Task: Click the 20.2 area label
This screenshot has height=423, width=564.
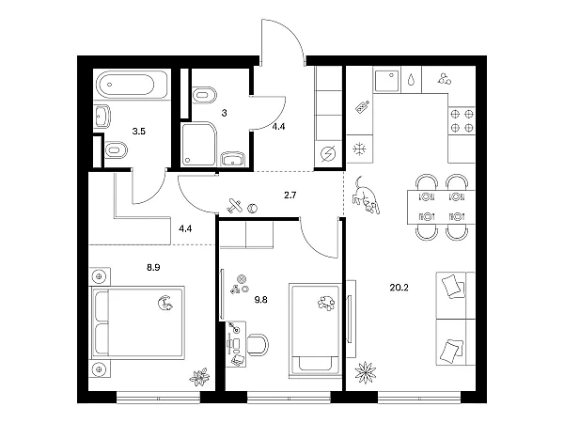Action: click(x=399, y=288)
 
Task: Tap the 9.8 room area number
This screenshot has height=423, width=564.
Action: click(x=260, y=300)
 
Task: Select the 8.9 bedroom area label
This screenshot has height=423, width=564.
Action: click(x=153, y=267)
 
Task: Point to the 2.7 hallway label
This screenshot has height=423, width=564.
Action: click(x=290, y=196)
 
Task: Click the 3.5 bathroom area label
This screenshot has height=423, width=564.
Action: click(x=138, y=132)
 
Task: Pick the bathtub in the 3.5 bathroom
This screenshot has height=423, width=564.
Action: click(x=132, y=85)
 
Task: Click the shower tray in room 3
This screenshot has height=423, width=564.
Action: click(x=199, y=145)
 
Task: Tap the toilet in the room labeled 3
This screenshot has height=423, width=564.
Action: click(x=204, y=95)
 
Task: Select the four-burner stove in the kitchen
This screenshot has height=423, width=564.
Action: click(x=462, y=121)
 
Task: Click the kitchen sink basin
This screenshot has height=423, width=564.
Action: click(x=387, y=81)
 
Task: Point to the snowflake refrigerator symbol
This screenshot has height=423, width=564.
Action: click(x=359, y=149)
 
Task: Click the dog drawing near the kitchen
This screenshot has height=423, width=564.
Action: click(x=366, y=196)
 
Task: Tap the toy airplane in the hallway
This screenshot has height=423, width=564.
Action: click(x=235, y=206)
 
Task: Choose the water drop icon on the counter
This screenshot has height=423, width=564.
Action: click(x=411, y=80)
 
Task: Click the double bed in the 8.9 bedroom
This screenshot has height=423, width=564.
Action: click(x=138, y=322)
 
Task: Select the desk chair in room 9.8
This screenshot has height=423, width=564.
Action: click(x=258, y=344)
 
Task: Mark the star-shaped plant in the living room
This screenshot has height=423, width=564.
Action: click(x=366, y=372)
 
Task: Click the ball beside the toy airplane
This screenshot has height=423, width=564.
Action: click(x=253, y=208)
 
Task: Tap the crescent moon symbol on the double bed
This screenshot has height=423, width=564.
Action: click(x=165, y=303)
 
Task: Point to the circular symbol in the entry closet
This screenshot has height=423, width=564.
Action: click(x=328, y=154)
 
